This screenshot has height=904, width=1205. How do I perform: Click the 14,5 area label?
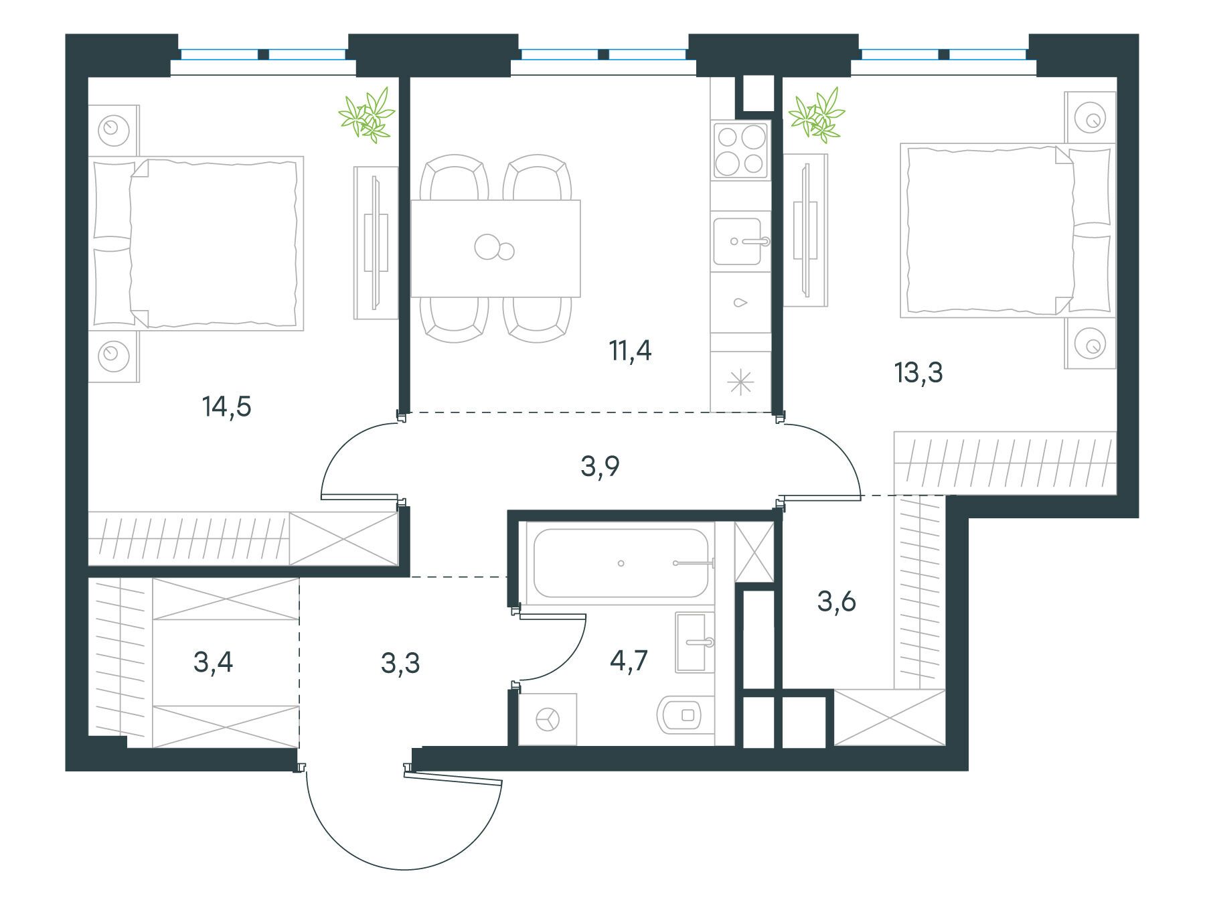click(x=226, y=406)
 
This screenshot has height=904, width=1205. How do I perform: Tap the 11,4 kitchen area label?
click(x=630, y=350)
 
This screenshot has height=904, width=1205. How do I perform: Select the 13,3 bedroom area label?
click(x=918, y=372)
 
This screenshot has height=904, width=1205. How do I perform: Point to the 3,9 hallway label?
click(x=600, y=466)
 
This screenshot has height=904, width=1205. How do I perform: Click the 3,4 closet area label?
click(x=213, y=662)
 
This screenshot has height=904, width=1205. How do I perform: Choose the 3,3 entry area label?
click(x=400, y=664)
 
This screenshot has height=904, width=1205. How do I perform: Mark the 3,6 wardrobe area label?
click(x=837, y=601)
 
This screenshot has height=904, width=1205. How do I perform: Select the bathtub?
click(x=621, y=563)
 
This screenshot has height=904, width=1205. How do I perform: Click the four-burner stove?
click(x=740, y=149)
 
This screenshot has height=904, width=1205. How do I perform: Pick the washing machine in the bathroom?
click(x=548, y=719)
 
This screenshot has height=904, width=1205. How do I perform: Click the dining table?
click(x=495, y=248)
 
